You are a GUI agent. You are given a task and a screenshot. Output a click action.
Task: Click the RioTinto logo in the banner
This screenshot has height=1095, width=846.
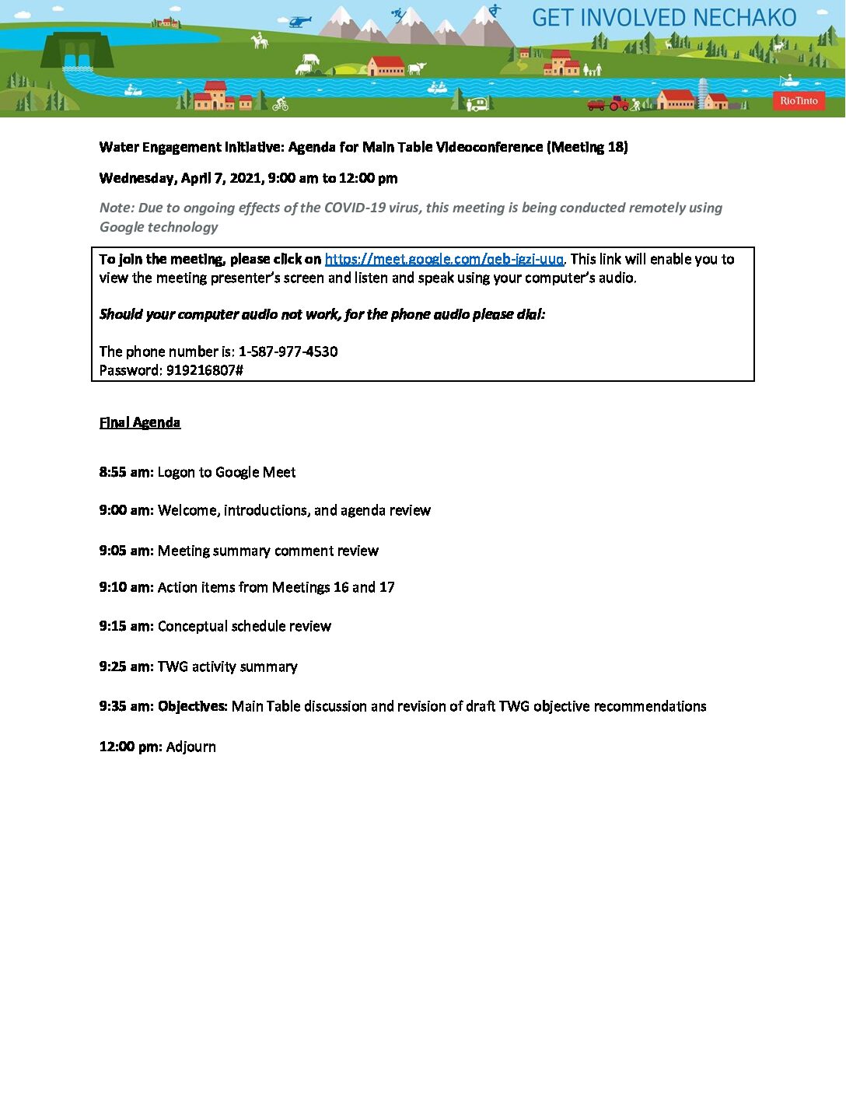(799, 100)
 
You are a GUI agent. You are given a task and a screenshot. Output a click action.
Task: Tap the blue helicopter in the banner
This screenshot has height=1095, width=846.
(299, 22)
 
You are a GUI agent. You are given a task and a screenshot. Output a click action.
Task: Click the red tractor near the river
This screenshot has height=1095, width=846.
(618, 103)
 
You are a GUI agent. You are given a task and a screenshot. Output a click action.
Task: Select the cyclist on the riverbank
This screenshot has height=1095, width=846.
(281, 103)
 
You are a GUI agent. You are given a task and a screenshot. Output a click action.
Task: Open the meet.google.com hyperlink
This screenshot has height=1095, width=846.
(444, 259)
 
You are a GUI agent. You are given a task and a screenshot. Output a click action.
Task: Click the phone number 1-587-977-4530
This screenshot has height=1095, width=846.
(288, 352)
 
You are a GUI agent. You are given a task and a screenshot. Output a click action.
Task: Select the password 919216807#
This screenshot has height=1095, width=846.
(205, 370)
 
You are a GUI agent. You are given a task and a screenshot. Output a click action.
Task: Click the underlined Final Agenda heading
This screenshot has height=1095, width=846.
(140, 422)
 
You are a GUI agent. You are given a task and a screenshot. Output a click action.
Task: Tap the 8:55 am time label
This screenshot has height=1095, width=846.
(126, 472)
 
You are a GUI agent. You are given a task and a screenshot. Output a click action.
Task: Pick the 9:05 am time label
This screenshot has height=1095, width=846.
(126, 551)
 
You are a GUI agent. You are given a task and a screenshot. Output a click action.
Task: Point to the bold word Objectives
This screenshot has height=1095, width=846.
(193, 706)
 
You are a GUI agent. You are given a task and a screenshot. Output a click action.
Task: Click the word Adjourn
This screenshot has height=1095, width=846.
(191, 747)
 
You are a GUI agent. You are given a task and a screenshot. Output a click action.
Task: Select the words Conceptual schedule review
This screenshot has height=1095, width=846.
(244, 626)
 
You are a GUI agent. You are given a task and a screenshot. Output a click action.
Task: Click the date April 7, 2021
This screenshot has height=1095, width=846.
(222, 178)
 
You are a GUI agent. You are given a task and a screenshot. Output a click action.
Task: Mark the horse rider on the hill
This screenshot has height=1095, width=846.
(260, 40)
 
